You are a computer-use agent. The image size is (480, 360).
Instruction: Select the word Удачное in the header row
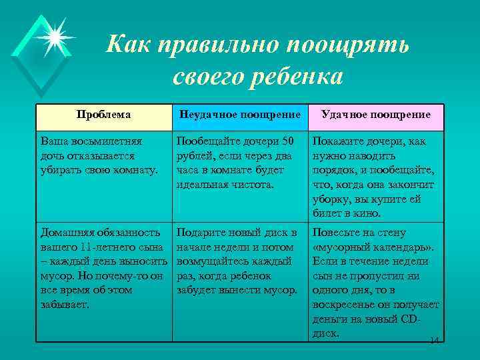tap(345, 115)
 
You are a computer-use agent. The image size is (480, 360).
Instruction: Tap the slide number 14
tap(435, 341)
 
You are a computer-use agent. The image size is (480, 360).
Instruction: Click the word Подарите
tap(202, 233)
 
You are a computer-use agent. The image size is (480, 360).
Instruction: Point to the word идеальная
tap(203, 185)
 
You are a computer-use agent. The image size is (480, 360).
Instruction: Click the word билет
tap(327, 213)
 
